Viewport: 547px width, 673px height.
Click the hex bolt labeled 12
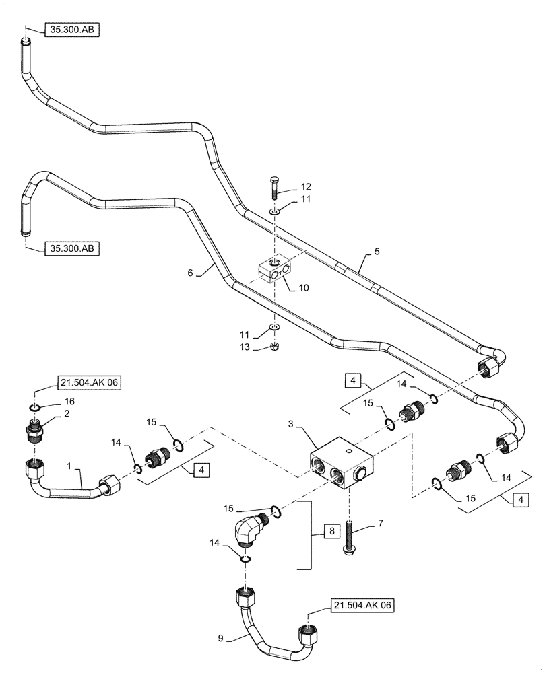click(273, 186)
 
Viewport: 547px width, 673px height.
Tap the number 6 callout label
click(191, 272)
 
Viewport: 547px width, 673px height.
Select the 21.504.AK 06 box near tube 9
click(361, 605)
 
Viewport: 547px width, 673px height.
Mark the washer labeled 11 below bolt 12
click(274, 212)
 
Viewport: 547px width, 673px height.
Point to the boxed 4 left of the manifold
click(200, 470)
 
